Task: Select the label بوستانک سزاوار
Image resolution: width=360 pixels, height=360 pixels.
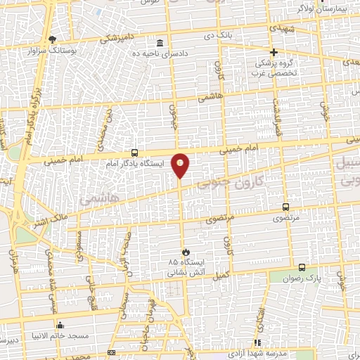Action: pos(51,51)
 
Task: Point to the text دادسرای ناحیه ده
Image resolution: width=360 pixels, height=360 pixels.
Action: pos(161,53)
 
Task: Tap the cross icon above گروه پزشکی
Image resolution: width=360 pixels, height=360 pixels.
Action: pos(274,52)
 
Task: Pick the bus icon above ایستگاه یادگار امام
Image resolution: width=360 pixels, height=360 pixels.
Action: pos(134,152)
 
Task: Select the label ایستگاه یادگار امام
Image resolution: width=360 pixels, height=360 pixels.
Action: pos(134,163)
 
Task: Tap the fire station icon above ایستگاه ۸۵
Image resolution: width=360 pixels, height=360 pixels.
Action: pos(185,251)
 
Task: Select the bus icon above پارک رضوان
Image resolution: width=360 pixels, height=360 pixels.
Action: pos(302,267)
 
